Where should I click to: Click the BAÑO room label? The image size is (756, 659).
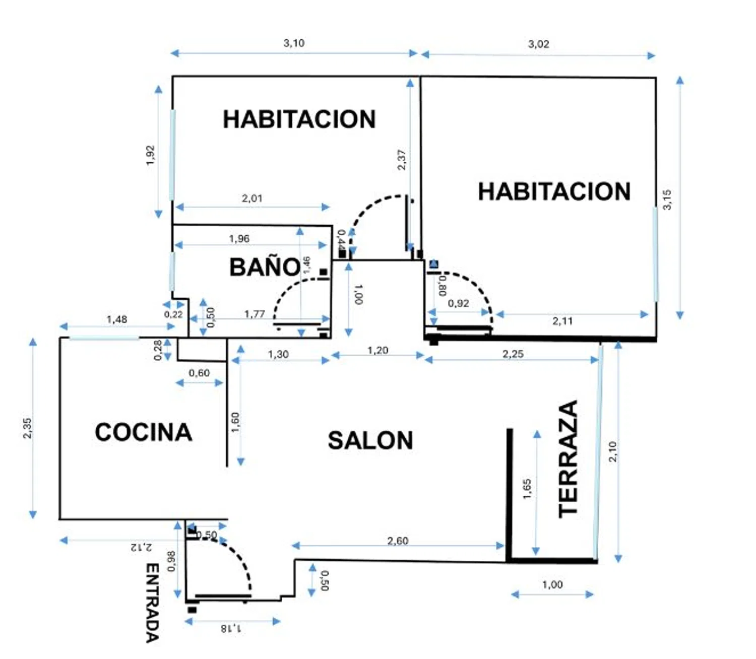[265, 267]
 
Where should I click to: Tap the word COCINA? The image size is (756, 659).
[144, 432]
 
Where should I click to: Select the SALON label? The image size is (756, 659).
[370, 440]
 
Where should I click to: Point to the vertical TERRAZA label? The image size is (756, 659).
[569, 459]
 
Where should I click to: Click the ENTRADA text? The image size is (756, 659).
[152, 603]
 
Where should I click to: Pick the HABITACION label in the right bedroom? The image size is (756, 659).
[554, 192]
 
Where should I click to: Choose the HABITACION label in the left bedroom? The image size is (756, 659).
[299, 119]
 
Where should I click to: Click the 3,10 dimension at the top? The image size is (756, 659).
[294, 43]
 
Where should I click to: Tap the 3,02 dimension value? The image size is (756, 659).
[538, 44]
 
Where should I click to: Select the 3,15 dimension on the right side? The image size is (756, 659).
[667, 200]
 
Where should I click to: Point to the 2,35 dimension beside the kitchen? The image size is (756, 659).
[27, 428]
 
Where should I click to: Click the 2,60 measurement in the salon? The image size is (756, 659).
[398, 541]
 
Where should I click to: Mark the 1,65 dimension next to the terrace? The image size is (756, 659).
[527, 489]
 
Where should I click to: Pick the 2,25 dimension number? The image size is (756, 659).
[513, 354]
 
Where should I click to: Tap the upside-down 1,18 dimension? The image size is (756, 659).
[231, 628]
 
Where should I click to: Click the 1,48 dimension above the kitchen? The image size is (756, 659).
[117, 319]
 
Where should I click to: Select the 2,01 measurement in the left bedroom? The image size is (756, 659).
[252, 199]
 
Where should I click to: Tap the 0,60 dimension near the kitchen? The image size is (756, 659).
[199, 373]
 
